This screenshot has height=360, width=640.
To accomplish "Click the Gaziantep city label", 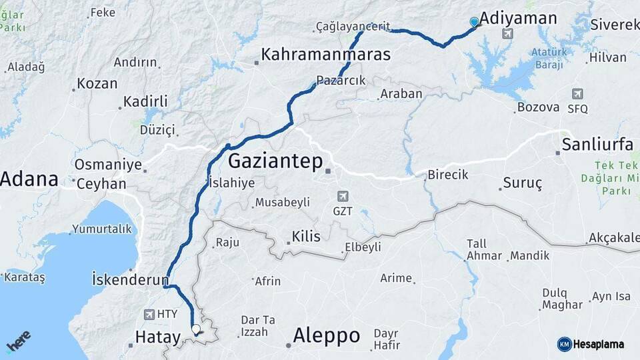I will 275,161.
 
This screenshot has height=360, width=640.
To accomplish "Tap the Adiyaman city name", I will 518,18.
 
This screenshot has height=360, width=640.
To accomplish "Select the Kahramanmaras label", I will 325,55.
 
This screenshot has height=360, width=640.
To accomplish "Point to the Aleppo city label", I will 326,335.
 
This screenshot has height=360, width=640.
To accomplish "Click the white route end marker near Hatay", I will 195,329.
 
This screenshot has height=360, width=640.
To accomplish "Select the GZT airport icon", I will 343,196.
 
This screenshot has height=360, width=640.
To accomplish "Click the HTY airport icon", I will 149,314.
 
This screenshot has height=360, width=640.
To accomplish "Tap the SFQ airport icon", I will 577,94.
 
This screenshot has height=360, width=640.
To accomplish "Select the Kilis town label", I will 306,237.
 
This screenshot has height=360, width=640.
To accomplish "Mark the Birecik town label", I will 447,175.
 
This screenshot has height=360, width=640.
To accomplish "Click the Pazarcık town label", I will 341,81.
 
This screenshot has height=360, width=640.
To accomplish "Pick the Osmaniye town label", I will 108,164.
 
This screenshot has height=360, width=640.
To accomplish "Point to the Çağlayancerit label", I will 353,27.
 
